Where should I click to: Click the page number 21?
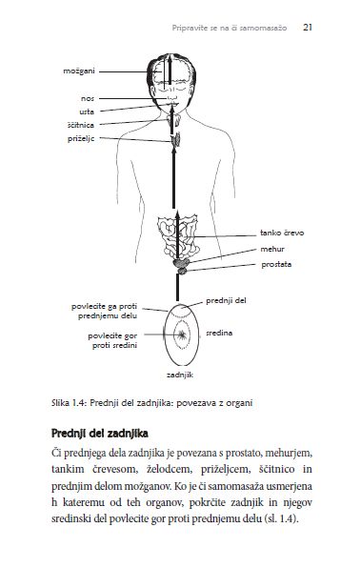(x=308, y=28)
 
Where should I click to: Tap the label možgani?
(x=79, y=71)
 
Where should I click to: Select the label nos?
(x=88, y=98)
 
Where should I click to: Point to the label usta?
(x=87, y=112)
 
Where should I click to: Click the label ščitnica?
(x=81, y=125)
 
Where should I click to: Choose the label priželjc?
(x=81, y=139)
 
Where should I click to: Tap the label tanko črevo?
(x=282, y=233)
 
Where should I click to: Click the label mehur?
(x=272, y=249)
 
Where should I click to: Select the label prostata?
(x=276, y=264)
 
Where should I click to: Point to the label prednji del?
(x=226, y=300)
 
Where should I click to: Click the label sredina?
(x=219, y=333)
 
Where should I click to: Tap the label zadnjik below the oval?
(x=180, y=375)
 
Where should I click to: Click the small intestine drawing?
(x=178, y=236)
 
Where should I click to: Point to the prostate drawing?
(x=183, y=271)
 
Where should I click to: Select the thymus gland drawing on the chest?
(x=176, y=140)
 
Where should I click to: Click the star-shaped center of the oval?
(x=182, y=335)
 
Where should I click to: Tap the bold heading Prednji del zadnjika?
(x=100, y=434)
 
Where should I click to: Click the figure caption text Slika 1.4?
(x=69, y=403)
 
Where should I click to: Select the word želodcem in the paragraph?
(x=169, y=469)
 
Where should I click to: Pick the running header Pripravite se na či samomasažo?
(x=230, y=28)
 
